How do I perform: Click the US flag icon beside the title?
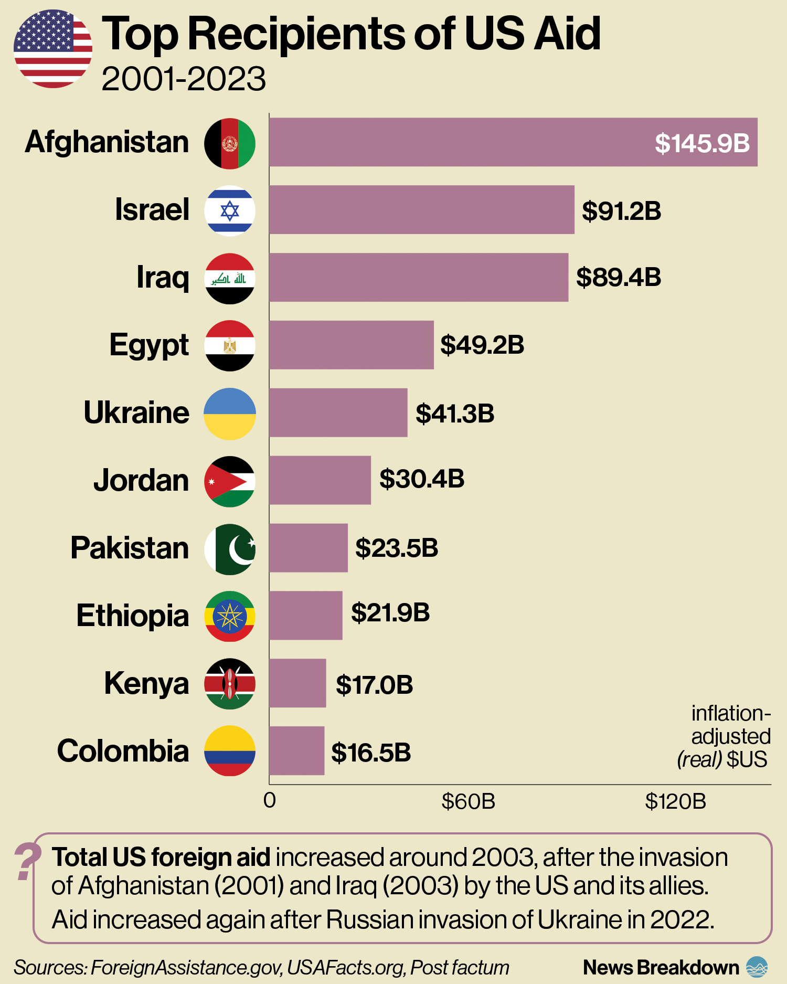(x=53, y=49)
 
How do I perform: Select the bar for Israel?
(x=421, y=210)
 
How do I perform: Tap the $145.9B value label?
(x=701, y=143)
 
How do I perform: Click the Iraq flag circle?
(x=230, y=279)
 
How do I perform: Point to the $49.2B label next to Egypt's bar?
(x=482, y=345)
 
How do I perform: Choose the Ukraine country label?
(x=136, y=413)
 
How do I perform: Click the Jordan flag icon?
(x=230, y=481)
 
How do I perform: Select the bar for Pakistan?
(x=309, y=548)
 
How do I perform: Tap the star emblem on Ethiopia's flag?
(x=230, y=616)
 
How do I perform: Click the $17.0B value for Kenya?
(x=374, y=685)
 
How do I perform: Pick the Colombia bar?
(x=297, y=751)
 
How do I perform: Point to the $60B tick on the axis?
(x=468, y=802)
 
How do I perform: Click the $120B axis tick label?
(x=675, y=802)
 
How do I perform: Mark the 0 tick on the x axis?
(x=270, y=801)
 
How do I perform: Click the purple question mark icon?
(x=27, y=861)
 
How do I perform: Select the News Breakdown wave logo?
(x=757, y=967)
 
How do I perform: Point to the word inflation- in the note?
(x=730, y=714)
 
